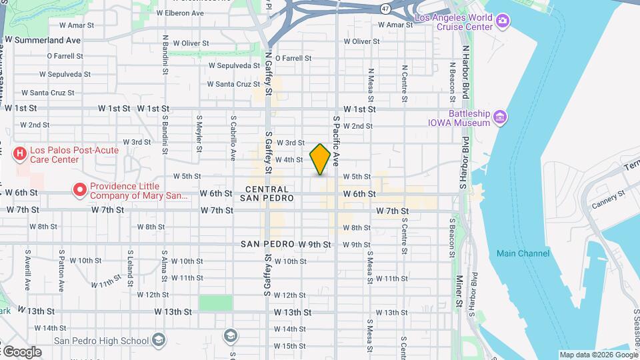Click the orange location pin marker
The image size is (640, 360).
321,159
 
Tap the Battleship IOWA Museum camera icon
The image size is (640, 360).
501,118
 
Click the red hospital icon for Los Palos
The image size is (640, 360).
21,155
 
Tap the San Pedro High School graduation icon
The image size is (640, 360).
159,340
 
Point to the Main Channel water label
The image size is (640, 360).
523,253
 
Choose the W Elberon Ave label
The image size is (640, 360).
179,13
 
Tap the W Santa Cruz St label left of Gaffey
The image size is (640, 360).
233,84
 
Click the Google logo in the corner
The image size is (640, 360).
21,352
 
